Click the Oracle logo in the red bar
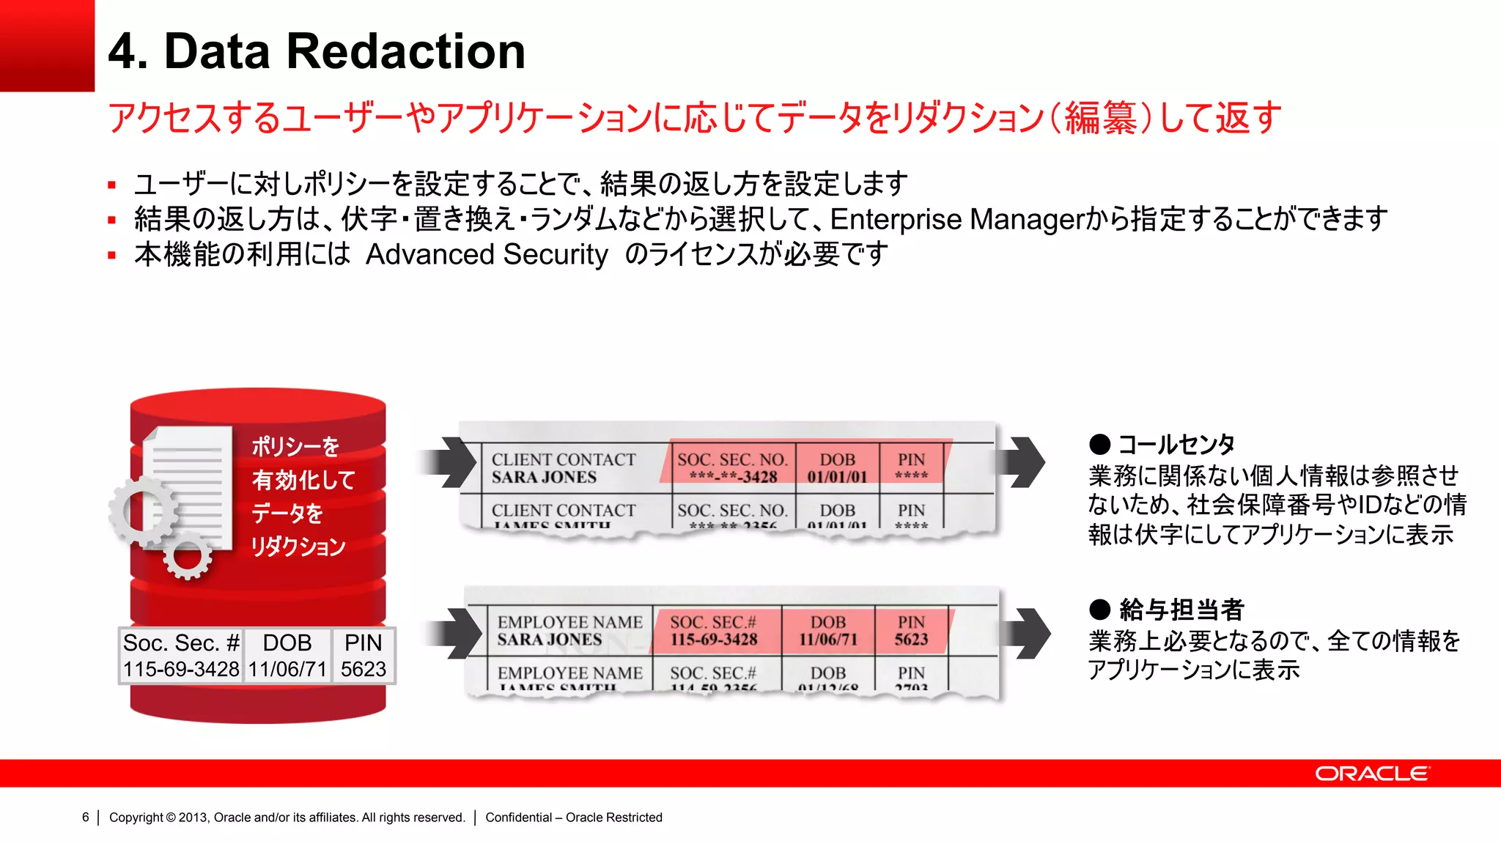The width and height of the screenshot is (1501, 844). point(1371,774)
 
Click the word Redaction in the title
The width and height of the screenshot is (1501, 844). point(405,52)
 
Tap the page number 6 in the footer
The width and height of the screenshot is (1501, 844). point(86,817)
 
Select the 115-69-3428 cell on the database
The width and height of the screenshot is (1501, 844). point(181,669)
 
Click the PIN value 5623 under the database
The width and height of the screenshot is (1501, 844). point(364,669)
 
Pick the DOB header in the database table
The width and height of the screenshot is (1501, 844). point(287,643)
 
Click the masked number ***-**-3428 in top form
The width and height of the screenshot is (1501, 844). point(732,477)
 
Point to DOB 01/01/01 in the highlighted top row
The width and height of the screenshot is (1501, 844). point(837,477)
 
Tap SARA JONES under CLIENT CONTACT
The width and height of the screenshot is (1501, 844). point(544,478)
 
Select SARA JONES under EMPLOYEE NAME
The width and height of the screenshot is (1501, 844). point(550,640)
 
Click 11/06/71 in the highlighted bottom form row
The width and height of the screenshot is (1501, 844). point(827,640)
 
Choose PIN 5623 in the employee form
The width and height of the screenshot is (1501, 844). point(911,640)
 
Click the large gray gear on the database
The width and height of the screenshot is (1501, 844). point(144,511)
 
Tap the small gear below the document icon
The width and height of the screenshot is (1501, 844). point(188,557)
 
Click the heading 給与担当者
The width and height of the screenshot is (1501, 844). point(1181,609)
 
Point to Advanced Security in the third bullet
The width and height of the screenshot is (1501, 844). point(487,254)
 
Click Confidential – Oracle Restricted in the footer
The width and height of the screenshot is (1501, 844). point(573,817)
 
